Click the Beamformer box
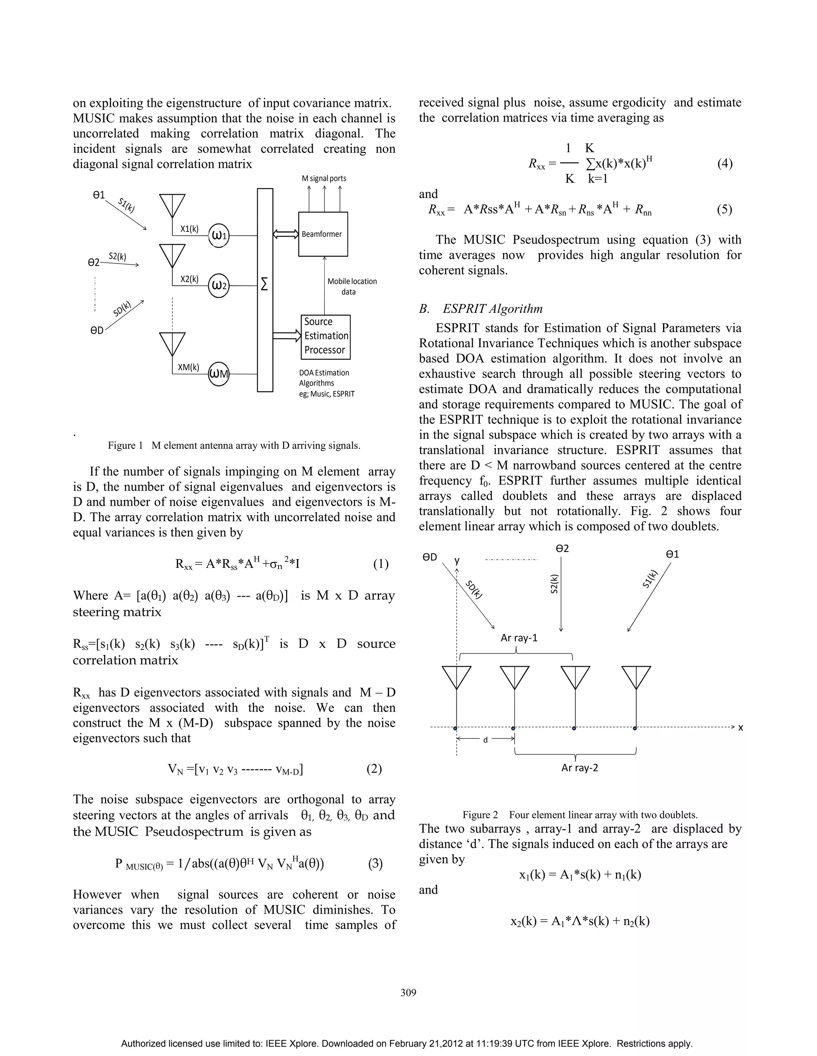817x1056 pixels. coord(323,234)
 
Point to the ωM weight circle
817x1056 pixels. coord(219,374)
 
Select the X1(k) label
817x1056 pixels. coord(189,229)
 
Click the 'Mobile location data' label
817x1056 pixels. coord(352,286)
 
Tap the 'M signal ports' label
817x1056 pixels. coord(324,179)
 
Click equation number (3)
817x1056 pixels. coord(375,864)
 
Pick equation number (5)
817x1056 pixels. coord(724,209)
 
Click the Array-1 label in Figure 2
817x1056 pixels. coord(519,638)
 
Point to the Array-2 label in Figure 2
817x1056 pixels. coord(579,768)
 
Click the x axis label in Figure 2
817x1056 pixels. coord(740,727)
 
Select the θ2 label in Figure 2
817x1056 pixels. coord(562,548)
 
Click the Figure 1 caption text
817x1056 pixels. coord(234,446)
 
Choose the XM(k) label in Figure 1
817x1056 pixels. coord(188,367)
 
